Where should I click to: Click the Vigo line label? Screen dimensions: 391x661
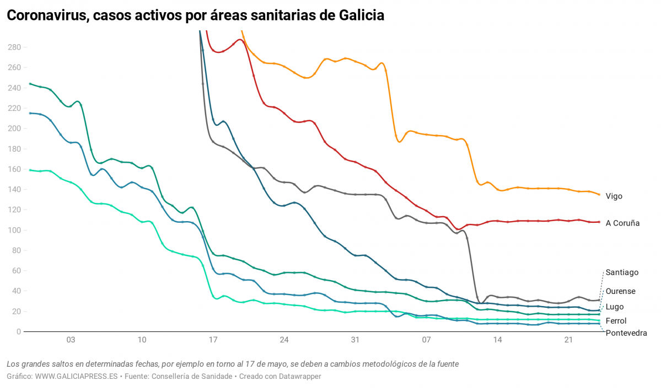click(x=614, y=196)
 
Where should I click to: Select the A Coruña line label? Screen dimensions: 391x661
click(x=622, y=223)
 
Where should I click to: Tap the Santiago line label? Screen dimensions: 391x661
click(x=622, y=272)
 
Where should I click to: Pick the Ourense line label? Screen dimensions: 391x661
click(x=620, y=291)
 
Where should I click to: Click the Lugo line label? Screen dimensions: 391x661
click(x=614, y=307)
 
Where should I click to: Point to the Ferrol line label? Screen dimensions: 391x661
click(x=616, y=320)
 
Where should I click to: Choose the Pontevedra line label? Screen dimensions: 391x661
click(x=626, y=333)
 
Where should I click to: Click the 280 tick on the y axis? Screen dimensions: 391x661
click(x=14, y=47)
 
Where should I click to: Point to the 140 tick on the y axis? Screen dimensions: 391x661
click(x=14, y=190)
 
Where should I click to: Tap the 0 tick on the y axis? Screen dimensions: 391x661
click(x=18, y=332)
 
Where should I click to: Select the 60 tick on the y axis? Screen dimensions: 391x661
click(x=16, y=271)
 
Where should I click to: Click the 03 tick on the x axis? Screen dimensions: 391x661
click(x=71, y=341)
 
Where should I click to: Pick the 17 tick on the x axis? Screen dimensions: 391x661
click(x=213, y=341)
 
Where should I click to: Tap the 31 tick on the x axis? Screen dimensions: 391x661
click(x=355, y=341)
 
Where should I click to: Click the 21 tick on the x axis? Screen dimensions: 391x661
click(x=568, y=341)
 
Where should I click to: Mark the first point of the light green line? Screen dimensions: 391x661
click(x=30, y=170)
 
